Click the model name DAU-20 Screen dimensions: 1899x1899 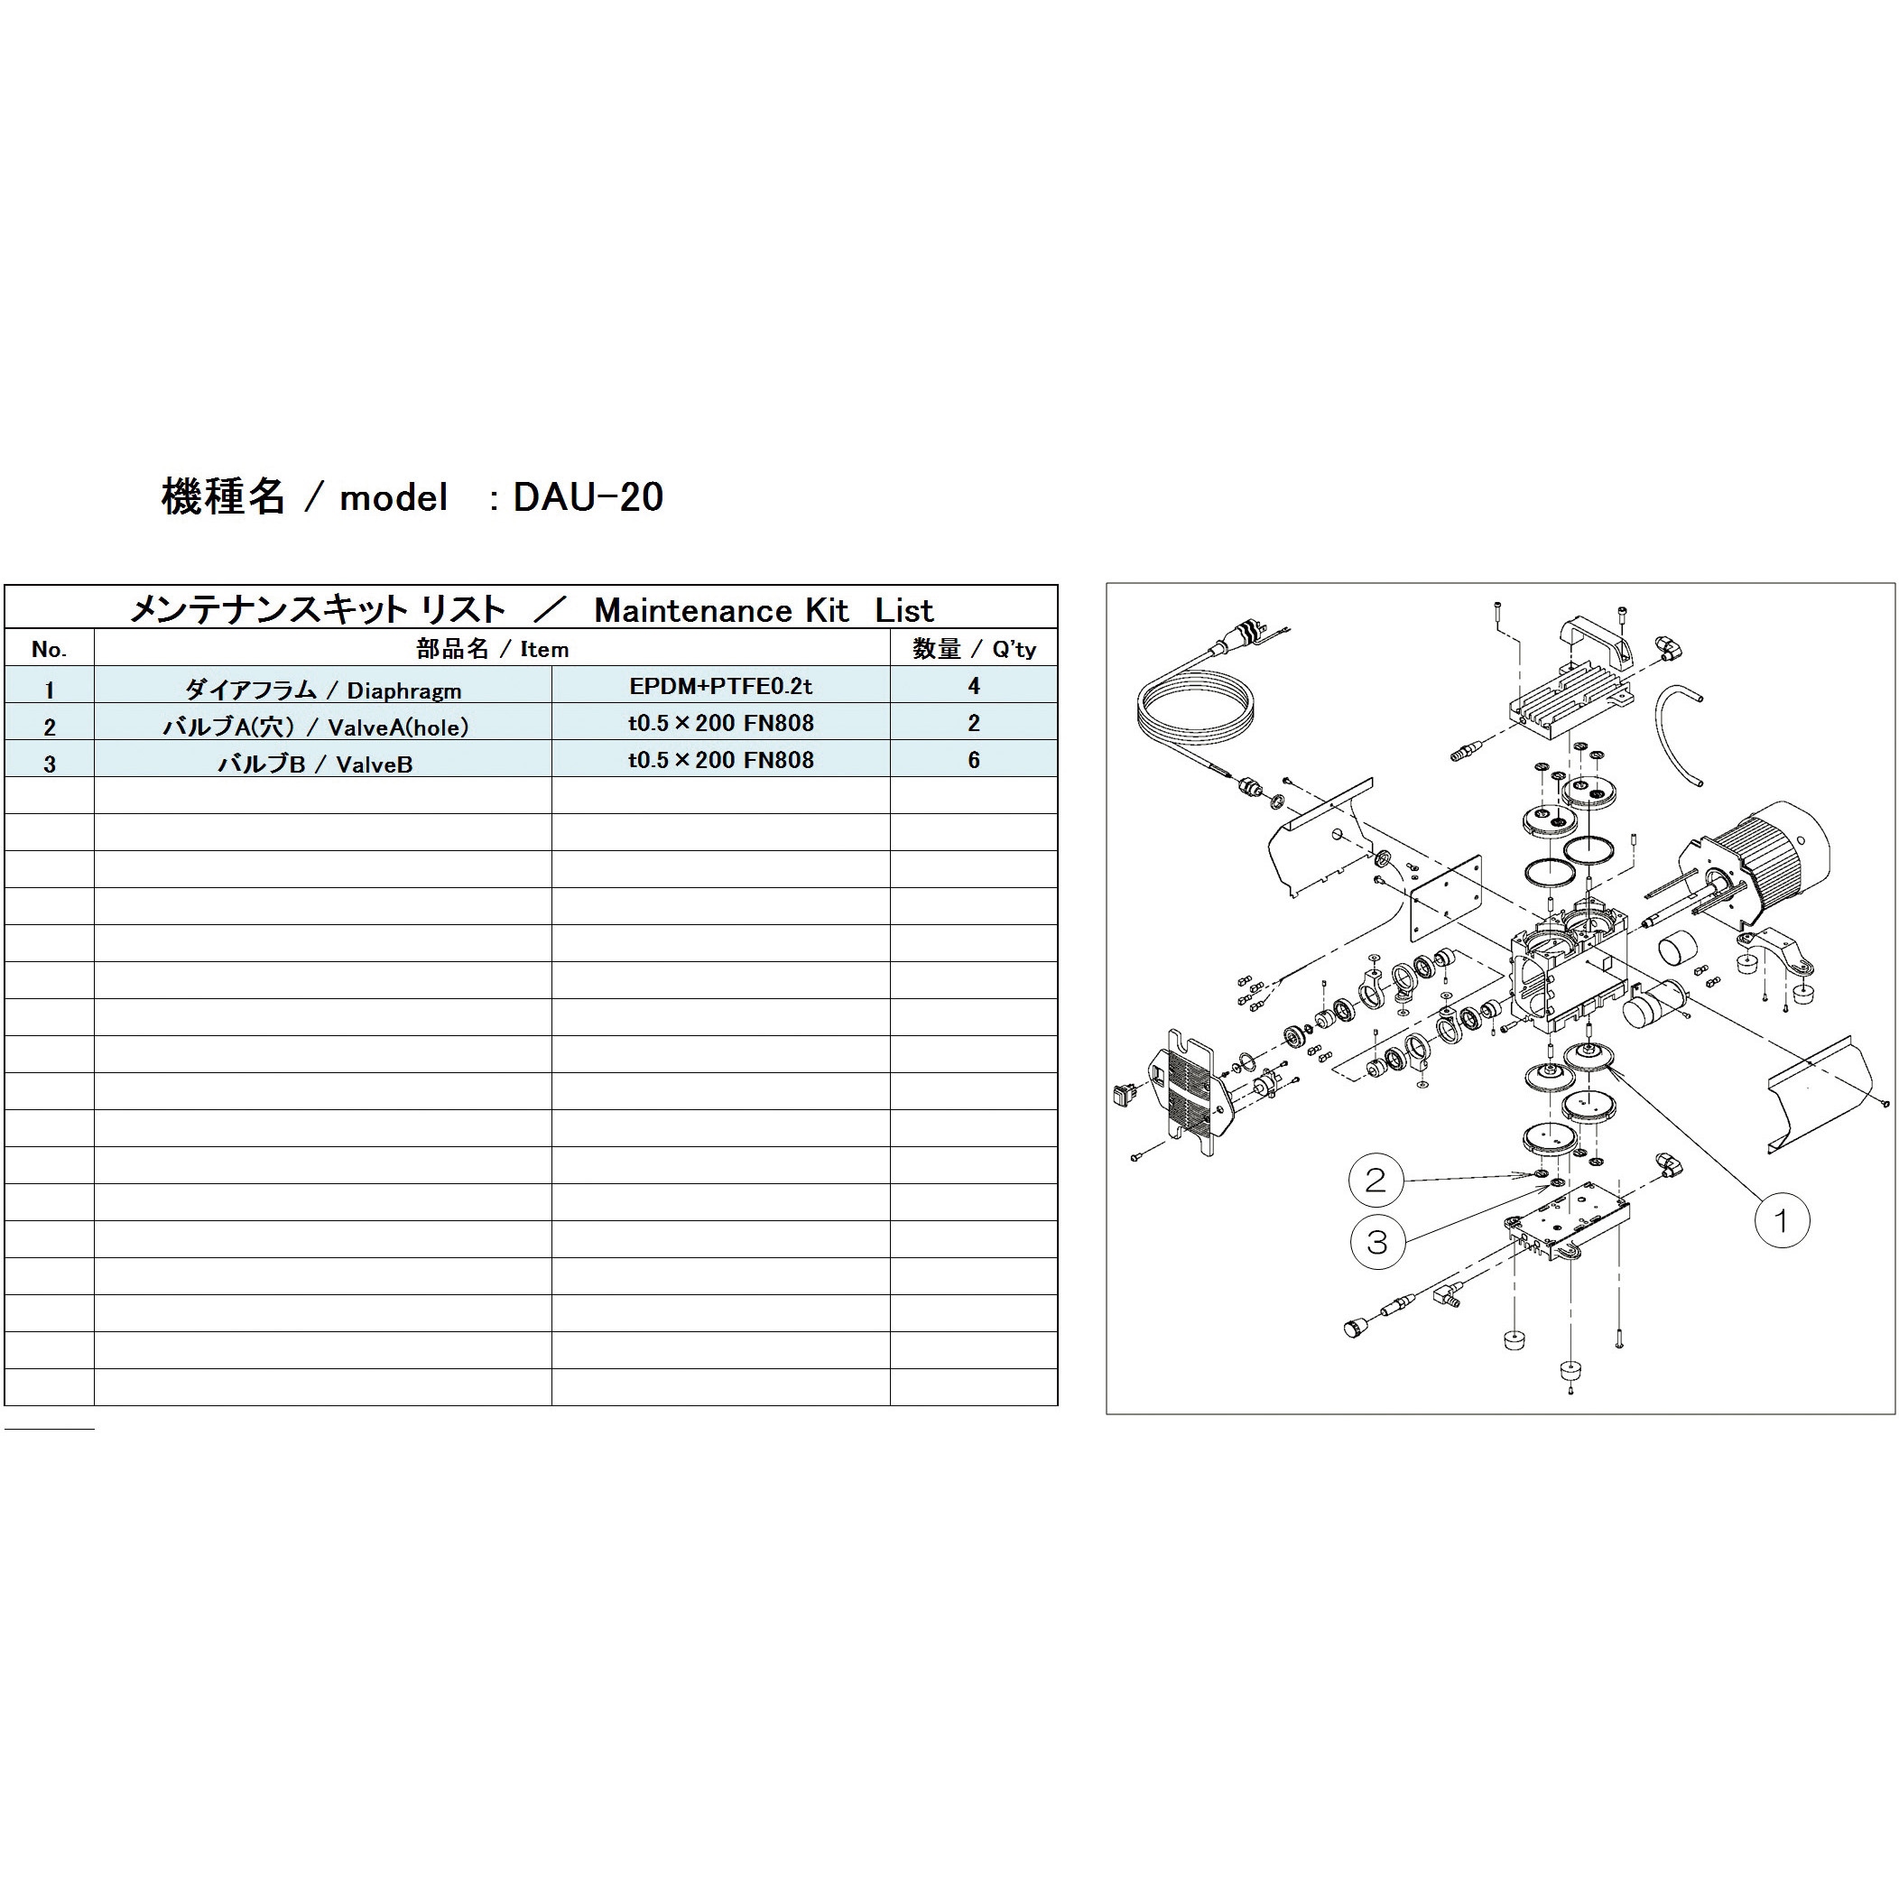588,497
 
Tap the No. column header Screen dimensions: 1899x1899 49,649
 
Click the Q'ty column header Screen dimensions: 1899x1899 973,649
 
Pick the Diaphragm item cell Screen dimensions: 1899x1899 322,688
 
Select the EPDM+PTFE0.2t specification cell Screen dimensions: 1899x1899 720,686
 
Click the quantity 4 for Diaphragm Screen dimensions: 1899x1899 973,686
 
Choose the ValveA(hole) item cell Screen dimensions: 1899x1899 314,726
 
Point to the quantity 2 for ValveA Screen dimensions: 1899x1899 973,724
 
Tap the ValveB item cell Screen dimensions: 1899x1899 314,763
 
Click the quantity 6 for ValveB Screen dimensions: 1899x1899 973,760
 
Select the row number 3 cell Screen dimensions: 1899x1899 49,763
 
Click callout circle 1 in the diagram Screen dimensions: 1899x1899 1781,1221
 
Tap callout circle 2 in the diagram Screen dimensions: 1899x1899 1376,1180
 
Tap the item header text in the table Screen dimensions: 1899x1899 492,649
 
